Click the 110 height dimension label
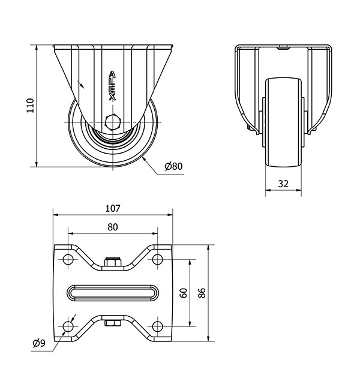point(30,106)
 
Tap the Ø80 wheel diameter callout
point(173,166)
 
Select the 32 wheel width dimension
point(283,184)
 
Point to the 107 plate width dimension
point(113,208)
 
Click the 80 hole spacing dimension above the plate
point(113,227)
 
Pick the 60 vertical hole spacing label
point(184,293)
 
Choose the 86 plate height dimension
point(202,293)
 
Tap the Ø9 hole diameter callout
point(39,343)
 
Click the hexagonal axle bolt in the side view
point(113,122)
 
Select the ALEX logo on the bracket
point(113,86)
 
